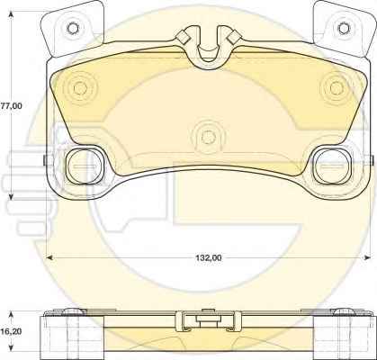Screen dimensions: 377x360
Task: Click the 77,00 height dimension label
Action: pos(12,106)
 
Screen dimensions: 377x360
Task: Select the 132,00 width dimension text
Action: pos(209,257)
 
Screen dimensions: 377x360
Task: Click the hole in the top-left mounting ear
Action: pos(73,29)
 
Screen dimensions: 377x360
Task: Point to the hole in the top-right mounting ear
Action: pos(344,28)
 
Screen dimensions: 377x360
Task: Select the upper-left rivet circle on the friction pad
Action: pos(80,88)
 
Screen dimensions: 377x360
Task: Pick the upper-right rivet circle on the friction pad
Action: pos(336,87)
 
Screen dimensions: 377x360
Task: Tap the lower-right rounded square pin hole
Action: pos(333,166)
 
